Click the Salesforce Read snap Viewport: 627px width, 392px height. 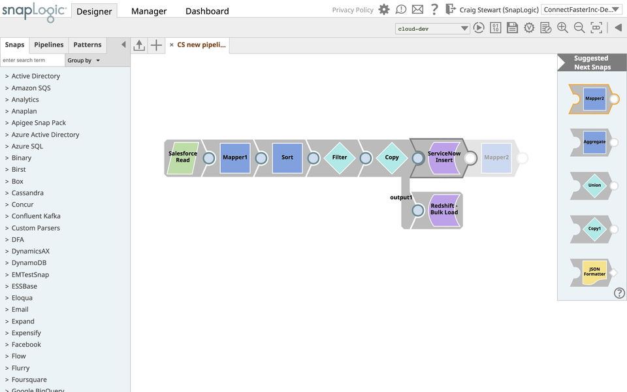coord(183,157)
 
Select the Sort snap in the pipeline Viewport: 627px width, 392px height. coord(287,157)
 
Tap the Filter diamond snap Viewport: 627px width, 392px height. coord(340,157)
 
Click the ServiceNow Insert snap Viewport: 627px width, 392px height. coord(444,157)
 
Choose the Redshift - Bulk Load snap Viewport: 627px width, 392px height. coord(444,210)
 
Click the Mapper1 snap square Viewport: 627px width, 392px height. coord(235,157)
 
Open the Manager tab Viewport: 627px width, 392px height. coord(149,11)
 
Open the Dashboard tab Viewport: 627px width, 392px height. coord(207,11)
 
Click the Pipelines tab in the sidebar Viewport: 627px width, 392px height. coord(49,45)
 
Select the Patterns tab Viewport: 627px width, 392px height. coord(88,45)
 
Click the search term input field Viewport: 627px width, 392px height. coord(33,60)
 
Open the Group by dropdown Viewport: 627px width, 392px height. coord(84,61)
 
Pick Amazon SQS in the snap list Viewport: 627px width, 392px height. coord(31,88)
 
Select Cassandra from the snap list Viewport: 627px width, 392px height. coord(27,193)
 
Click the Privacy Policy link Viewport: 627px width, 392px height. coord(353,10)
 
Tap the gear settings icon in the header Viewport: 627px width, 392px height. coord(384,10)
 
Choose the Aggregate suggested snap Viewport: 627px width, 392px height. coord(594,142)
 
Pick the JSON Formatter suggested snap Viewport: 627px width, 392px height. coord(594,272)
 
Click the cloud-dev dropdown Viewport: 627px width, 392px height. coord(432,29)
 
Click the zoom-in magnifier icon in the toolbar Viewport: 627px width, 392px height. coord(562,28)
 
